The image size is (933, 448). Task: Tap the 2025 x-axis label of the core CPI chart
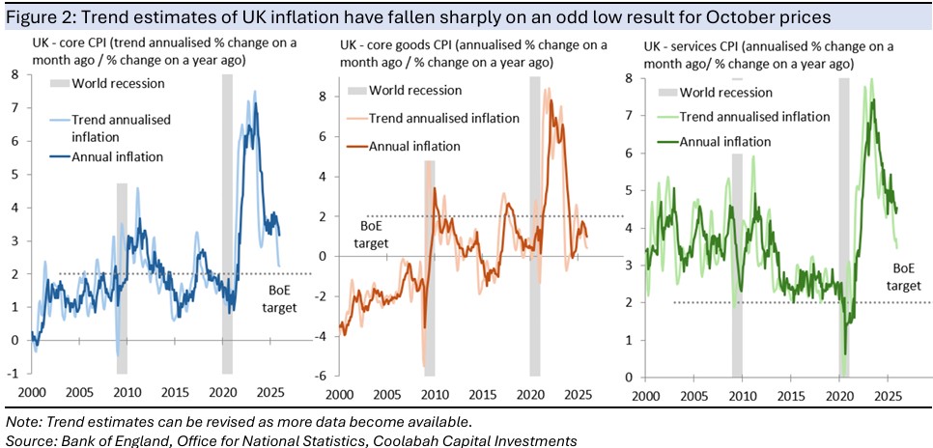click(271, 394)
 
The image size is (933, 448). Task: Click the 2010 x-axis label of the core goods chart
click(434, 394)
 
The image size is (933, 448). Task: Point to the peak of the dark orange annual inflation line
click(551, 100)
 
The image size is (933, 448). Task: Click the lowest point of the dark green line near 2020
click(845, 353)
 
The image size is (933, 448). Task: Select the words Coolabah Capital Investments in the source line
click(480, 440)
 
